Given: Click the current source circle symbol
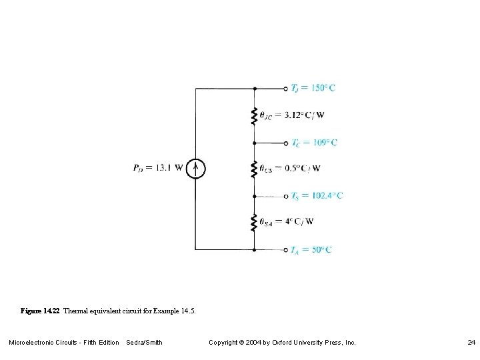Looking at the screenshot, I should (x=195, y=168).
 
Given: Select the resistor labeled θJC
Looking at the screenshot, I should (x=254, y=115).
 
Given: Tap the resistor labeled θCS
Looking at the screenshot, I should (x=254, y=169).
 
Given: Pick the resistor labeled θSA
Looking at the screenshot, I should (x=254, y=222).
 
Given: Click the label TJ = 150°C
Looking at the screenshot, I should (x=313, y=88).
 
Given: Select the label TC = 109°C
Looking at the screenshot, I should (x=314, y=143).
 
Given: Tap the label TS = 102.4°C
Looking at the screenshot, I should (x=317, y=196).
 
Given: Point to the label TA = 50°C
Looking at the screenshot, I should (x=311, y=250).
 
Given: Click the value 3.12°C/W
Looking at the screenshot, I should (x=304, y=115).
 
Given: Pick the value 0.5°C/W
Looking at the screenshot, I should (x=303, y=168).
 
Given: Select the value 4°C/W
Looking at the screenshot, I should (x=299, y=221).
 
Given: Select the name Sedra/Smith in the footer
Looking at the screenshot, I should (x=144, y=343).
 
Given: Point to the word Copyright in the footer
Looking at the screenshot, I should (x=225, y=343).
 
